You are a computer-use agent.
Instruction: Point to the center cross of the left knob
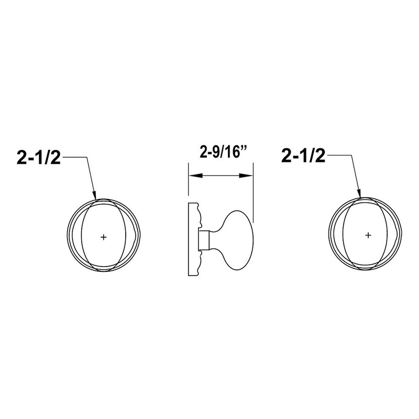pos(103,237)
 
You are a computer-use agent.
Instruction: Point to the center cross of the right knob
pos(368,235)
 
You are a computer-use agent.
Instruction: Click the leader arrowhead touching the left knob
pos(94,195)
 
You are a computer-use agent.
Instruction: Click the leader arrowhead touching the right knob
pos(359,193)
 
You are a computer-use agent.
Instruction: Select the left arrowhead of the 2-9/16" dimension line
pos(195,175)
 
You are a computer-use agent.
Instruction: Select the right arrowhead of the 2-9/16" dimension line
pos(246,175)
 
